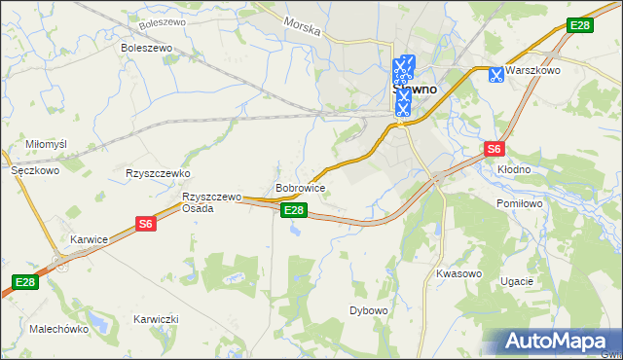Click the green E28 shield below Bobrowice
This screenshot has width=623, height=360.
pyautogui.click(x=294, y=210)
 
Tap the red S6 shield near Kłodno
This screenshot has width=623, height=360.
pyautogui.click(x=495, y=149)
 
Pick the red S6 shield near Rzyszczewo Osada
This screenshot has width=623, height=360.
pyautogui.click(x=146, y=224)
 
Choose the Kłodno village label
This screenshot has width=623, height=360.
pyautogui.click(x=514, y=169)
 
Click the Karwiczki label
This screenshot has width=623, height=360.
pyautogui.click(x=156, y=319)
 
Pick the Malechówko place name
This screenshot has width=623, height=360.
pyautogui.click(x=58, y=329)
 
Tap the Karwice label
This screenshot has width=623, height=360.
pyautogui.click(x=89, y=239)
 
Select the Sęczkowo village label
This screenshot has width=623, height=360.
pyautogui.click(x=35, y=169)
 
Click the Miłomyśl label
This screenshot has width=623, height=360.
pyautogui.click(x=46, y=144)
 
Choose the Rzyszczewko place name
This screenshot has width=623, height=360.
pyautogui.click(x=157, y=173)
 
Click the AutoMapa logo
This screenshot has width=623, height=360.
pyautogui.click(x=555, y=341)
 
